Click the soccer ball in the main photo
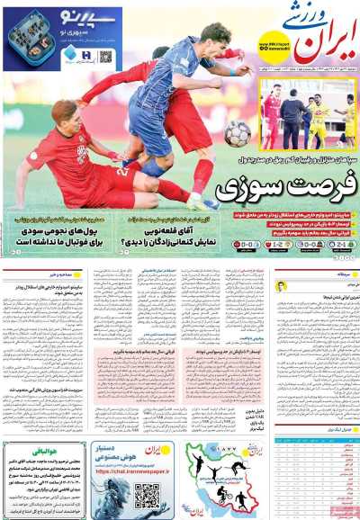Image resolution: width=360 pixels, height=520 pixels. click(x=238, y=133)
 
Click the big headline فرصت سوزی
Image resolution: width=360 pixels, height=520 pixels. click(x=285, y=191)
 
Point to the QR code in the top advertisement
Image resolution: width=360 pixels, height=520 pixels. click(x=106, y=57)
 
